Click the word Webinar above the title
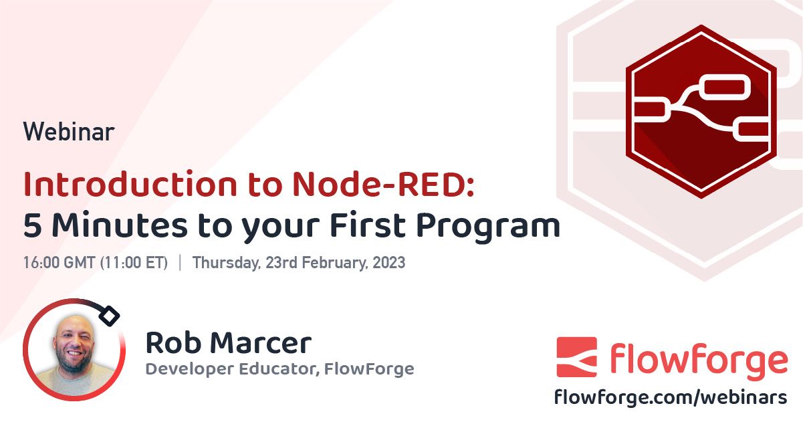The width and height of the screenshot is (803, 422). click(x=69, y=132)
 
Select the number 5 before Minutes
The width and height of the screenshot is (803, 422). click(x=32, y=226)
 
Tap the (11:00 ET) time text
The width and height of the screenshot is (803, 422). click(x=134, y=263)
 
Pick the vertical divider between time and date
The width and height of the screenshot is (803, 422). click(x=180, y=263)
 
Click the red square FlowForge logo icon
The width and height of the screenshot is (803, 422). click(x=576, y=357)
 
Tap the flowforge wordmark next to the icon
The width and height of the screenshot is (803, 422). click(x=697, y=358)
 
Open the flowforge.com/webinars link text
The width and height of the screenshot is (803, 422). click(x=671, y=397)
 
